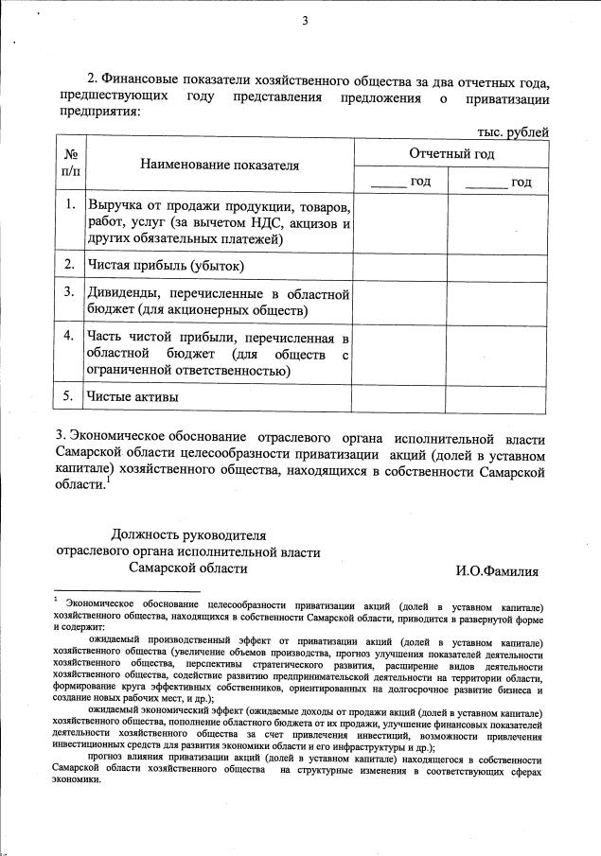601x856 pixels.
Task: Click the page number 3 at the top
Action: [305, 23]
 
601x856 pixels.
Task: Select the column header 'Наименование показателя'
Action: [220, 166]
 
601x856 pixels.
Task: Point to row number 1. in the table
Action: [70, 204]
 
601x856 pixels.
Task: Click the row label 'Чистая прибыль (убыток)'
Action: [166, 266]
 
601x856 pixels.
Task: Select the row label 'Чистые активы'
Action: [133, 397]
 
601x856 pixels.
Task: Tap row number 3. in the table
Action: [70, 292]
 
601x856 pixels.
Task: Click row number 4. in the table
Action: [70, 336]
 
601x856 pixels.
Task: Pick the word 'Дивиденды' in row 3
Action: [125, 292]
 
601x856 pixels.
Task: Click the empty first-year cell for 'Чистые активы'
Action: [399, 397]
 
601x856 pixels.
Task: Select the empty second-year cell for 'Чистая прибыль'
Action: [497, 266]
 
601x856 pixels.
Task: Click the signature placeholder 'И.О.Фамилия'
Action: [497, 570]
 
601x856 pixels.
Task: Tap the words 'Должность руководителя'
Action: [183, 534]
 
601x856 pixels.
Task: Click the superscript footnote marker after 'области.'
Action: [109, 480]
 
